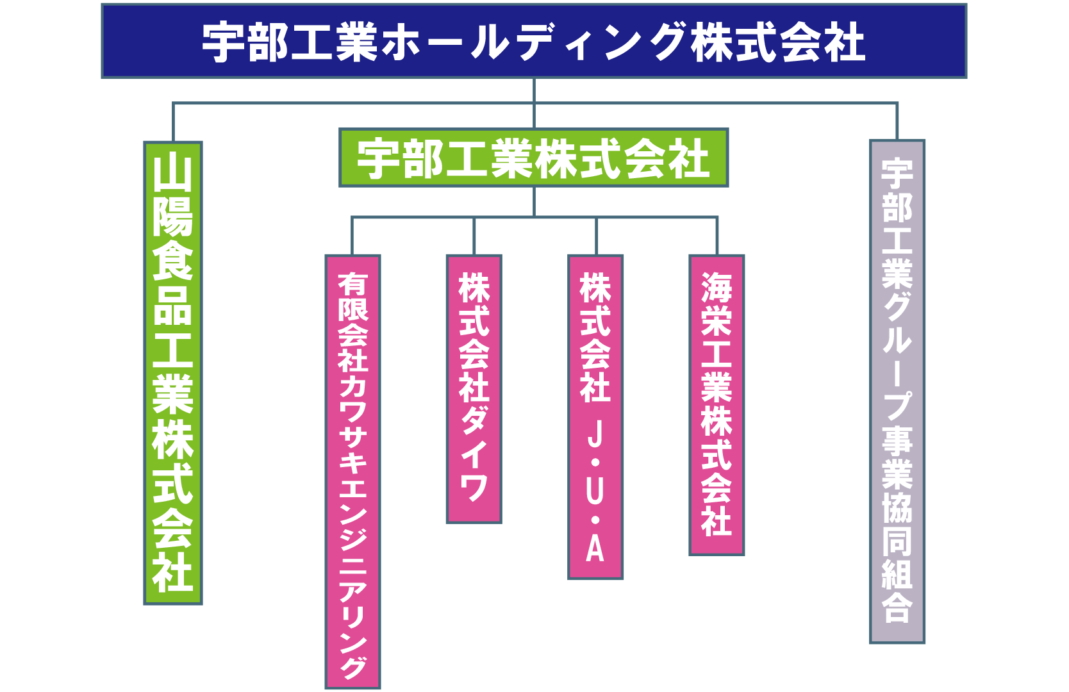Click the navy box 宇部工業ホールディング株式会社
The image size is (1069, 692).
tap(534, 41)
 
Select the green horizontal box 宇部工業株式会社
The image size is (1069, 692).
tap(534, 158)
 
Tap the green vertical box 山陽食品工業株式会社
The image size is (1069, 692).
tap(173, 373)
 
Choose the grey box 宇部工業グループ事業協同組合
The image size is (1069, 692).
tap(897, 391)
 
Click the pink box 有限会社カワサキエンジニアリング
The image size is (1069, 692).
tap(352, 472)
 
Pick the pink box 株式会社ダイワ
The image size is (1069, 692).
tap(474, 389)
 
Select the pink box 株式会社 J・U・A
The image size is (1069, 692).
tap(595, 417)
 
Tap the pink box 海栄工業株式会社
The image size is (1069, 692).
tap(717, 405)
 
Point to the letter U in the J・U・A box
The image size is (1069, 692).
tap(595, 491)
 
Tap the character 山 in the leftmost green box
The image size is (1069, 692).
tap(173, 174)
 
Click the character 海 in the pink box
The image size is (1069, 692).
tap(717, 287)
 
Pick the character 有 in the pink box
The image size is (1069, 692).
tap(352, 284)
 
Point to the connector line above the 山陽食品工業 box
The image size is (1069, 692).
tap(173, 122)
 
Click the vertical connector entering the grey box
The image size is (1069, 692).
tap(897, 121)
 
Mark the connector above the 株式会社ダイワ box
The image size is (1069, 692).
tap(474, 236)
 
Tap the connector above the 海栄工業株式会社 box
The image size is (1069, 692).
tap(717, 236)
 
